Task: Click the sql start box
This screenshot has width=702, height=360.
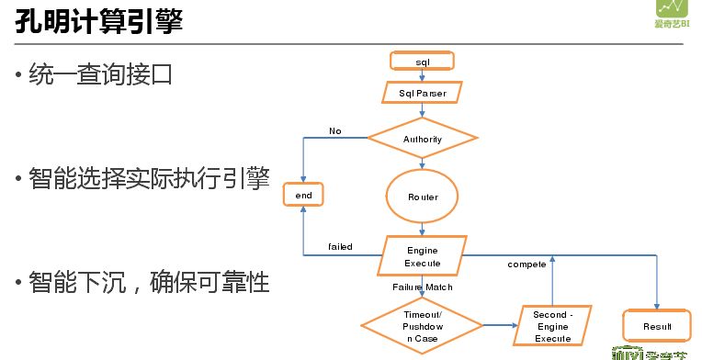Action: point(423,62)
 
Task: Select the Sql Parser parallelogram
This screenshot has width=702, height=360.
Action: point(423,93)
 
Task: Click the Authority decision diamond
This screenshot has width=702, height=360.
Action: point(423,140)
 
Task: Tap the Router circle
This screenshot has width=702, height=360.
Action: point(423,197)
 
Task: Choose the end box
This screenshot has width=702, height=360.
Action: point(304,196)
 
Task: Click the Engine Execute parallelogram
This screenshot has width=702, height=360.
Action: point(423,256)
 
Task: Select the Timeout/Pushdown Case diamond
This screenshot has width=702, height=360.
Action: point(423,325)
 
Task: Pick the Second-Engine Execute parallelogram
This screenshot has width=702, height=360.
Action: point(552,326)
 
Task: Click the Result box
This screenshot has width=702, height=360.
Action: point(656,326)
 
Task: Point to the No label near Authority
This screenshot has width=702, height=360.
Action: point(334,131)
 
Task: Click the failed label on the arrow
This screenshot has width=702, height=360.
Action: point(340,246)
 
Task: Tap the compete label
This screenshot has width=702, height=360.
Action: point(527,264)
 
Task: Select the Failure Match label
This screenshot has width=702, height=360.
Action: point(423,287)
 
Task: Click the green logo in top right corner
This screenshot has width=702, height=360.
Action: point(680,14)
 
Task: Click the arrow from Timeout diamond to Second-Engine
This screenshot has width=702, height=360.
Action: point(499,325)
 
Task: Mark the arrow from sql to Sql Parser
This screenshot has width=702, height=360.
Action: point(423,76)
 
